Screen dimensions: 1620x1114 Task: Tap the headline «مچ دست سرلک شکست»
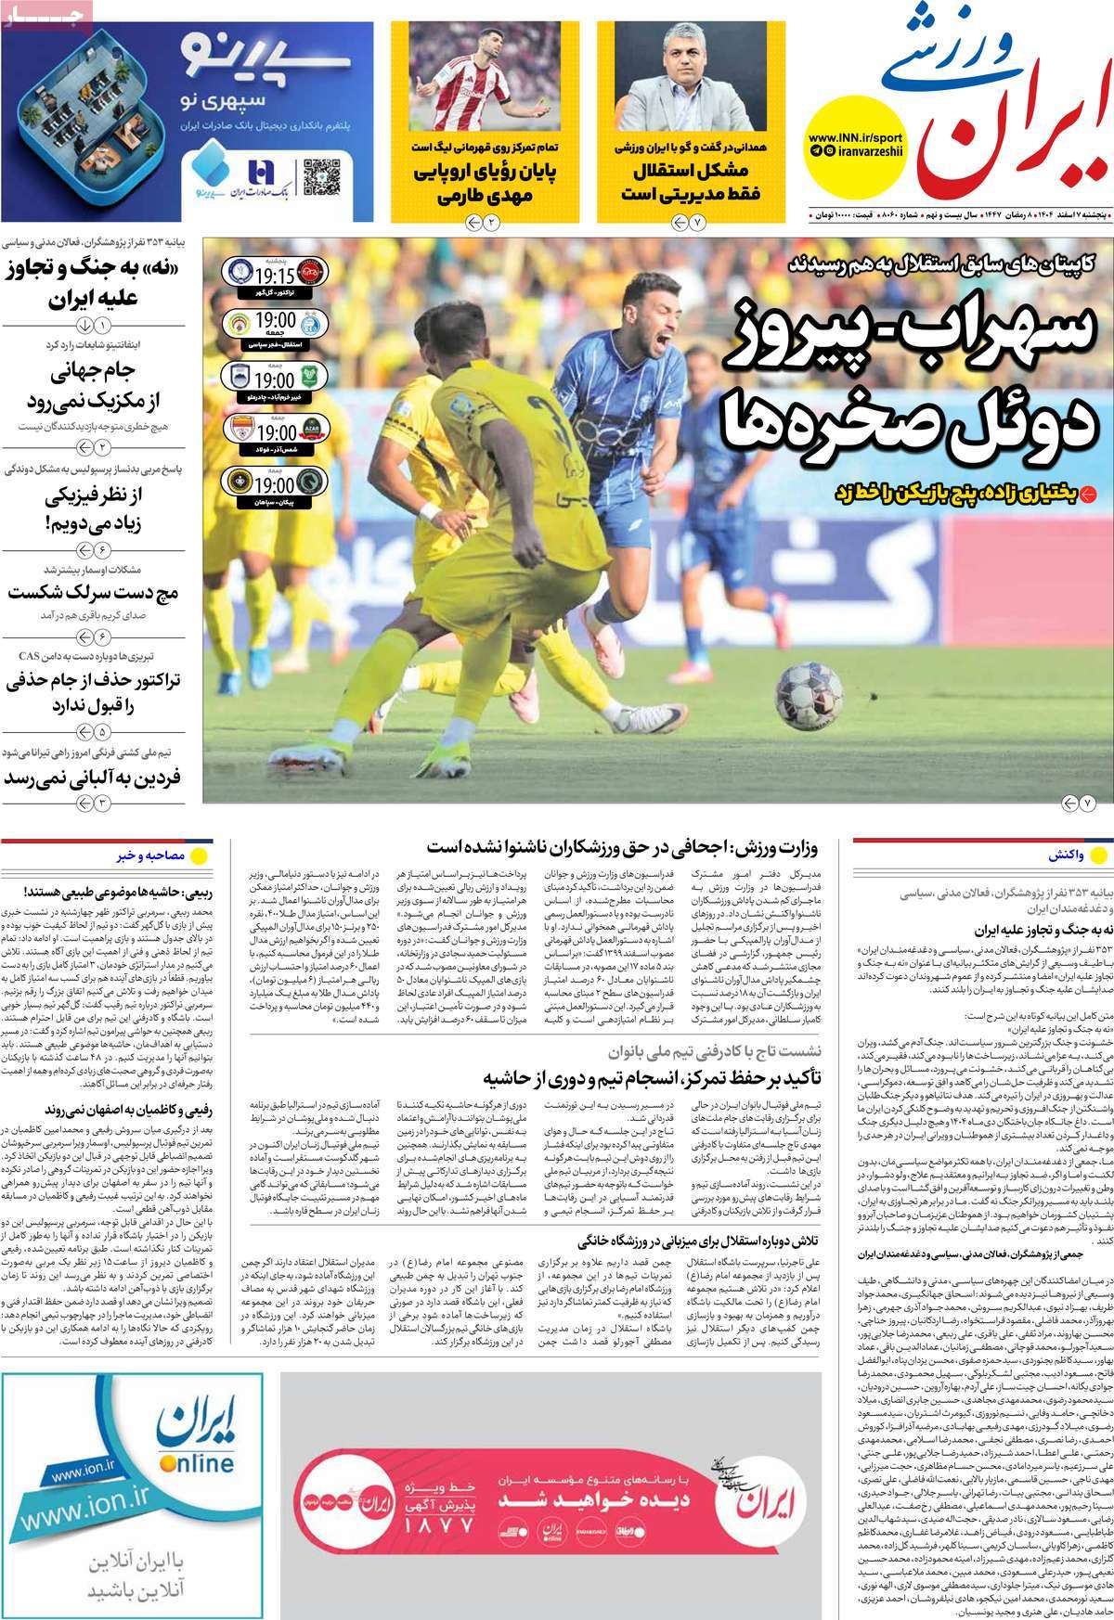coord(95,591)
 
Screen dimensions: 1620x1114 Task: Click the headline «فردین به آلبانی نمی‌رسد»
coord(93,777)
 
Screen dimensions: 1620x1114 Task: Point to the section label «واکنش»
coord(1063,854)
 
